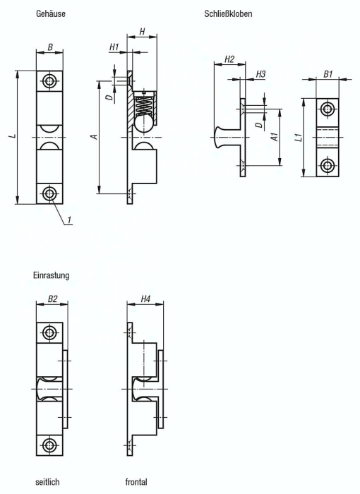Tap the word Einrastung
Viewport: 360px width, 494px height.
click(x=51, y=275)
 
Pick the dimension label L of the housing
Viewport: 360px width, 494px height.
click(x=13, y=135)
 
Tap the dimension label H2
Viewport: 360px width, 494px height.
click(x=229, y=59)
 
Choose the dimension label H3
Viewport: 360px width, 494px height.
click(x=260, y=74)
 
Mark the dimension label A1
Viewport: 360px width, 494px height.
click(x=274, y=137)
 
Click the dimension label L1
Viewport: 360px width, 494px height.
click(x=299, y=137)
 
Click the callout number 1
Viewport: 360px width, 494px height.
click(x=71, y=222)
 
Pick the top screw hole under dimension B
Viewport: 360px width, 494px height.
click(x=49, y=81)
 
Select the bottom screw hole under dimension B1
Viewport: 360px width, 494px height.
click(x=327, y=167)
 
